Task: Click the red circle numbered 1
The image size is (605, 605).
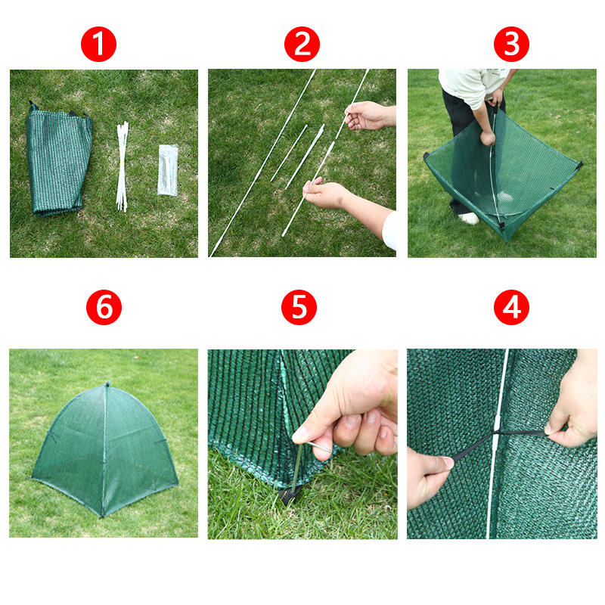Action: [x=98, y=44]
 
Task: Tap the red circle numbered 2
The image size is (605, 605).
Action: [x=302, y=44]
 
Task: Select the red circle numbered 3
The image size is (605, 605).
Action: [x=511, y=44]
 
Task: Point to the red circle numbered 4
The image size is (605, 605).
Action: [x=511, y=307]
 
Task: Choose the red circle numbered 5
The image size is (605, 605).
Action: [x=299, y=307]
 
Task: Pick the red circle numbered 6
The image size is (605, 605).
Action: [x=104, y=307]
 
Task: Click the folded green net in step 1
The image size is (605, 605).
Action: [x=58, y=160]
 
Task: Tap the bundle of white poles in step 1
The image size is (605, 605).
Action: [x=123, y=166]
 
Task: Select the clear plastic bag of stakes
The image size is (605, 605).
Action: [x=168, y=169]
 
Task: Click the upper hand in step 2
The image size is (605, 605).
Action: [x=368, y=116]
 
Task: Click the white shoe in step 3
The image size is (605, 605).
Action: [x=469, y=219]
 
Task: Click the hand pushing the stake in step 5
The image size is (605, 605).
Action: [x=347, y=409]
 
